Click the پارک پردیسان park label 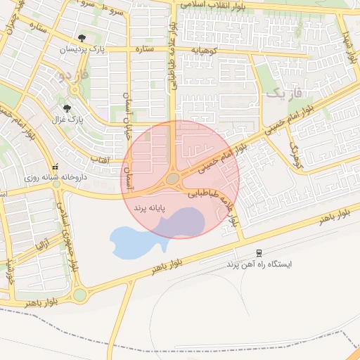(81, 49)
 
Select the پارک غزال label (67, 120)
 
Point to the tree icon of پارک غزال (67, 108)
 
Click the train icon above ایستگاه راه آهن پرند (259, 252)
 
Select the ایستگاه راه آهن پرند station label (258, 264)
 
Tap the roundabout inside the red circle (172, 179)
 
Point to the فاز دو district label (75, 74)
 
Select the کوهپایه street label (206, 50)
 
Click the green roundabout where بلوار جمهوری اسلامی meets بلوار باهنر (79, 293)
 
